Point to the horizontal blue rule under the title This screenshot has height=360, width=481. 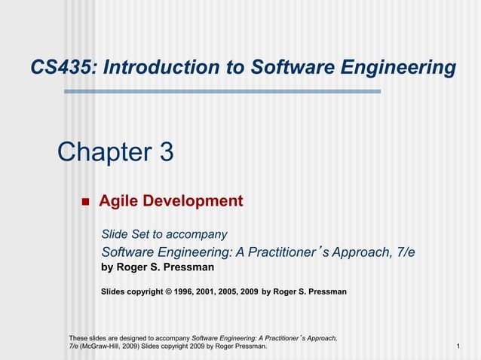pyautogui.click(x=222, y=91)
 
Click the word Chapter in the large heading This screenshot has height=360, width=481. pyautogui.click(x=104, y=152)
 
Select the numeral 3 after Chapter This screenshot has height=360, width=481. pyautogui.click(x=166, y=152)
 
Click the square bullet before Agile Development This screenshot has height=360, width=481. pyautogui.click(x=84, y=202)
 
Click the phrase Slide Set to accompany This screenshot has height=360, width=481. pyautogui.click(x=164, y=234)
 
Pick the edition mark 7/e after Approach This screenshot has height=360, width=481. pyautogui.click(x=405, y=252)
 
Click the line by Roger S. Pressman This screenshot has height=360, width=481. pyautogui.click(x=158, y=267)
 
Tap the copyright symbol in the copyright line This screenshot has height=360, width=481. pyautogui.click(x=169, y=291)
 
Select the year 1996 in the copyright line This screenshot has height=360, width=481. pyautogui.click(x=185, y=291)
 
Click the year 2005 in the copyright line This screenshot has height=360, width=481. pyautogui.click(x=228, y=291)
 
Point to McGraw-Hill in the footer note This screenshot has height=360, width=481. pyautogui.click(x=105, y=346)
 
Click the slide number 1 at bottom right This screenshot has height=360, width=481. pyautogui.click(x=458, y=346)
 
